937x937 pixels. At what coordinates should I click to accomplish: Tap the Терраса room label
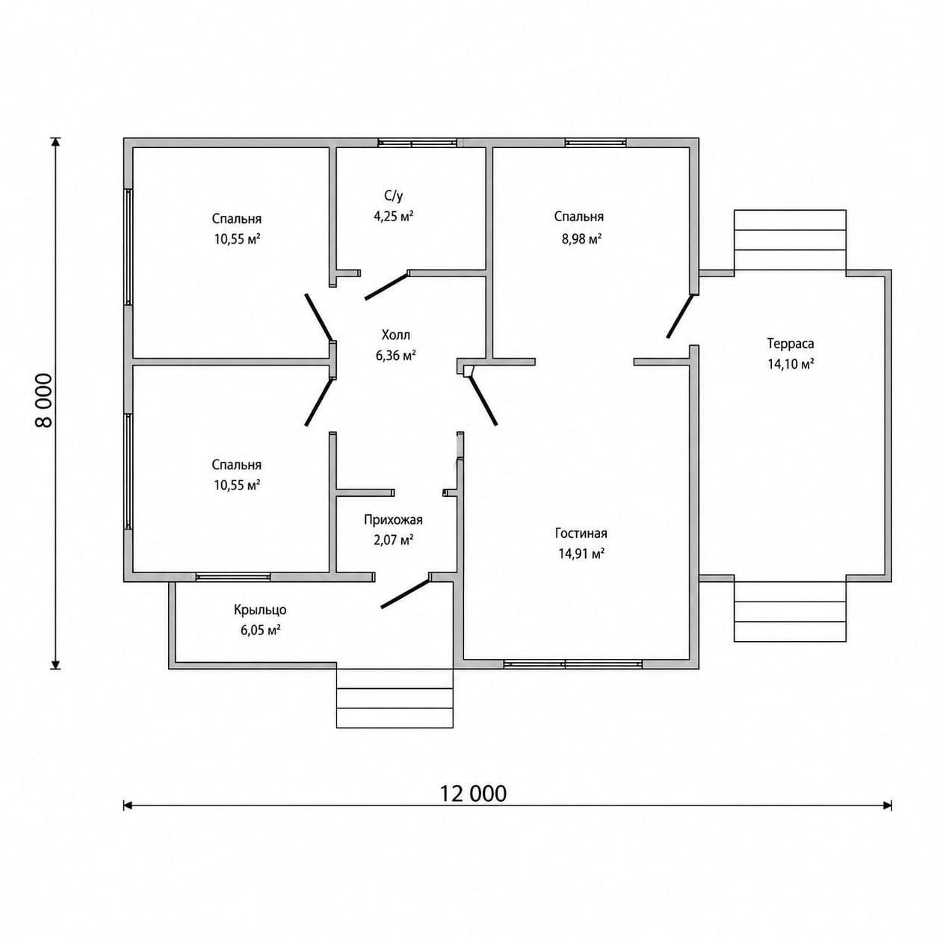click(x=790, y=343)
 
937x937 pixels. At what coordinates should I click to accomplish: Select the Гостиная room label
click(x=581, y=533)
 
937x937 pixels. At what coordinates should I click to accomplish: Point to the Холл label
click(x=395, y=335)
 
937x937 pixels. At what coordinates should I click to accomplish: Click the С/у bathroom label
click(x=393, y=196)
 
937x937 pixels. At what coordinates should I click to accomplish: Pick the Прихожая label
click(x=393, y=520)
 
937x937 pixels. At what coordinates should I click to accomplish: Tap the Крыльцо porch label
click(x=260, y=610)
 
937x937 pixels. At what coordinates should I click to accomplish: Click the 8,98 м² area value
click(x=581, y=239)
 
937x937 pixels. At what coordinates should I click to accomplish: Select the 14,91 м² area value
click(x=581, y=554)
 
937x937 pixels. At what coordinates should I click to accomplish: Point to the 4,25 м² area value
click(x=393, y=216)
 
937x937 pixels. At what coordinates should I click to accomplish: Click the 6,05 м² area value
click(x=260, y=631)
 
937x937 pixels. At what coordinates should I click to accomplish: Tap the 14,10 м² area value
click(x=791, y=364)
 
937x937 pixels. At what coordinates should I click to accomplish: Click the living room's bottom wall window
click(x=573, y=664)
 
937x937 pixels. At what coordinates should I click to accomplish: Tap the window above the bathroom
click(x=417, y=143)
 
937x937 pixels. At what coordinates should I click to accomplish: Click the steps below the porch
click(x=395, y=698)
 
